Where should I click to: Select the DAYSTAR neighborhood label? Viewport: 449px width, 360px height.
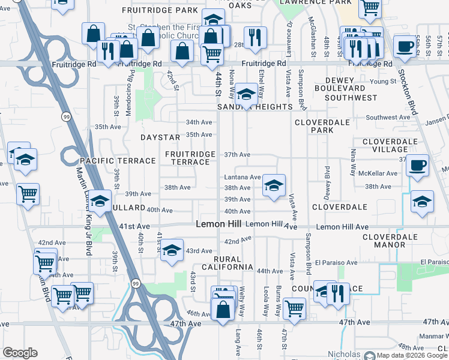point(160,137)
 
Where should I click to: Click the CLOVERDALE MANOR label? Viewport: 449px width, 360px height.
point(390,241)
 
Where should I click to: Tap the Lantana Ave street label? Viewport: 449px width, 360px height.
point(242,178)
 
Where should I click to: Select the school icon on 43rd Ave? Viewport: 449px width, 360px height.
point(172,250)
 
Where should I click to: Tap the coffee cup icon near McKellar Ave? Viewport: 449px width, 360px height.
point(417,165)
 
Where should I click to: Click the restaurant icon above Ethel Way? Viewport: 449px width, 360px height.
point(256,37)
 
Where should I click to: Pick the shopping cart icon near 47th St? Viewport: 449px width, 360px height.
point(294,309)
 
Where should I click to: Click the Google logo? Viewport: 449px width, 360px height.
point(20,353)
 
